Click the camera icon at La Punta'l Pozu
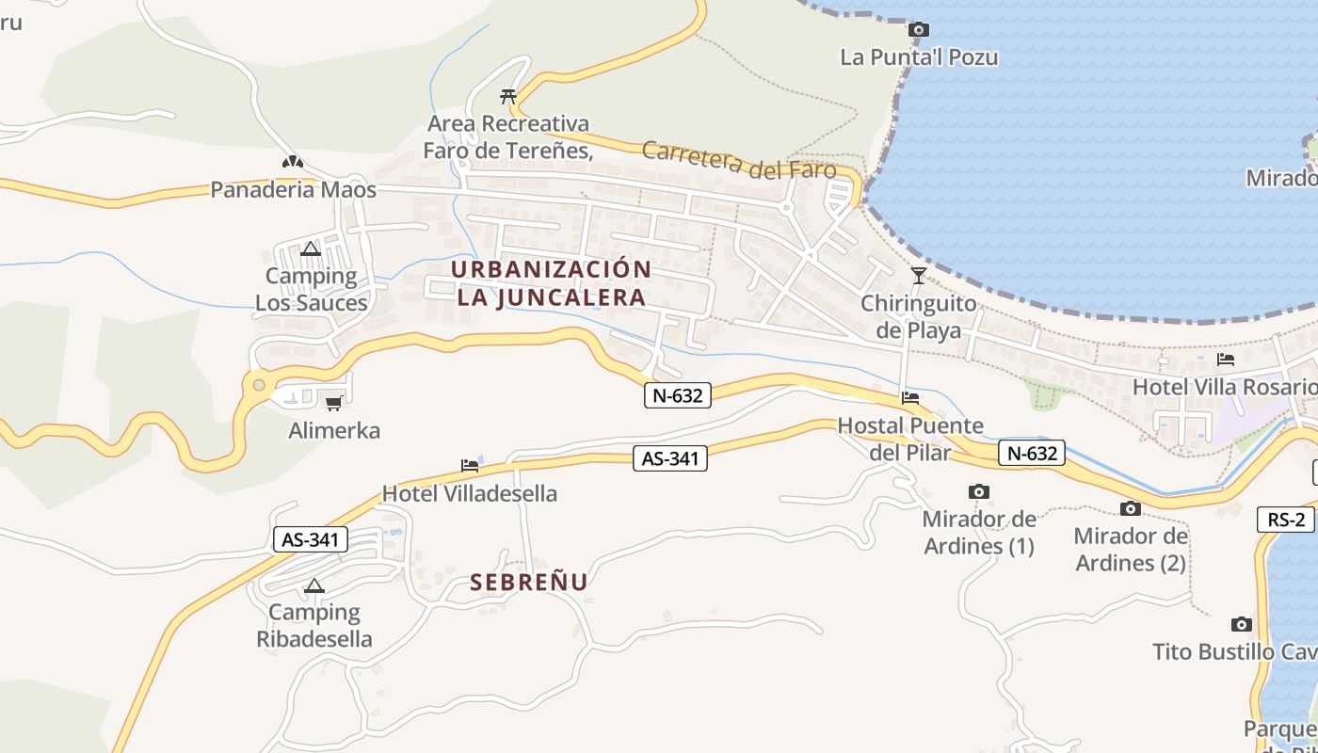pyautogui.click(x=919, y=30)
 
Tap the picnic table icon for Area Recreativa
pyautogui.click(x=508, y=96)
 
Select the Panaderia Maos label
pyautogui.click(x=293, y=190)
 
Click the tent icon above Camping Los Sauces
pyautogui.click(x=311, y=249)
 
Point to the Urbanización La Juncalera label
pyautogui.click(x=551, y=282)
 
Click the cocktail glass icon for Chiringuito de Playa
pyautogui.click(x=919, y=276)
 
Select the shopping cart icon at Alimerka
pyautogui.click(x=333, y=404)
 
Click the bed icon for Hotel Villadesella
pyautogui.click(x=470, y=465)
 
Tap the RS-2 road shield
pyautogui.click(x=1285, y=520)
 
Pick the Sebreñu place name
pyautogui.click(x=529, y=582)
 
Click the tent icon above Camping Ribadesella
pyautogui.click(x=314, y=585)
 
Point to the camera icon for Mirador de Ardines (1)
pyautogui.click(x=979, y=491)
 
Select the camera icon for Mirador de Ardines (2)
pyautogui.click(x=1131, y=508)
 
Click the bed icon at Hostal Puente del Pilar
pyautogui.click(x=910, y=398)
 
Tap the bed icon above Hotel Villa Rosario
pyautogui.click(x=1226, y=360)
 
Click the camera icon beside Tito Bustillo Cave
pyautogui.click(x=1242, y=624)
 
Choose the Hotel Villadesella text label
pyautogui.click(x=470, y=493)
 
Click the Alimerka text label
pyautogui.click(x=334, y=431)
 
